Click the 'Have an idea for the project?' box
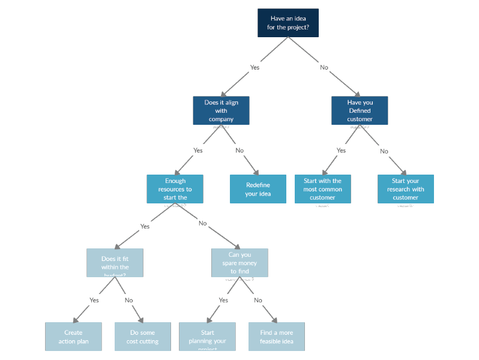pyautogui.click(x=288, y=23)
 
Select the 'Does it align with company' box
pyautogui.click(x=221, y=110)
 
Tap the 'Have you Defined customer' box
pyautogui.click(x=360, y=110)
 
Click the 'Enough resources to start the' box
pyautogui.click(x=175, y=189)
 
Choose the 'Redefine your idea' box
pyautogui.click(x=258, y=189)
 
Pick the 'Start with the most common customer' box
pyautogui.click(x=322, y=189)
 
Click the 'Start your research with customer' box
pyautogui.click(x=405, y=189)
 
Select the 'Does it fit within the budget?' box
pyautogui.click(x=115, y=263)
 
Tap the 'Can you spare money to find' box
pyautogui.click(x=239, y=263)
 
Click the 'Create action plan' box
pyautogui.click(x=73, y=337)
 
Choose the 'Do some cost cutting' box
pyautogui.click(x=143, y=337)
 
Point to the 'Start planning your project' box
pyautogui.click(x=207, y=337)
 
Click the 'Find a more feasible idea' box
pyautogui.click(x=277, y=337)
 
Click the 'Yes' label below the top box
pyautogui.click(x=255, y=67)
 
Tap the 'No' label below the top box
pyautogui.click(x=324, y=67)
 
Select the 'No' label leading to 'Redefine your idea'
pyautogui.click(x=239, y=151)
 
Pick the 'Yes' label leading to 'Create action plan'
pyautogui.click(x=94, y=300)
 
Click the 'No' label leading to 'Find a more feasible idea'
pyautogui.click(x=258, y=300)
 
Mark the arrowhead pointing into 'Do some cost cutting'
pyautogui.click(x=141, y=319)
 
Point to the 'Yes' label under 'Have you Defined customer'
pyautogui.click(x=341, y=151)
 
